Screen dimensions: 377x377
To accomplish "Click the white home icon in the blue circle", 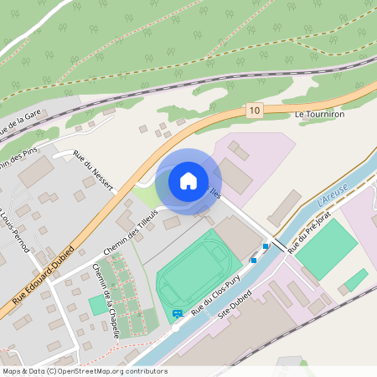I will [188, 180].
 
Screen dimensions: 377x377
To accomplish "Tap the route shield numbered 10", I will [255, 110].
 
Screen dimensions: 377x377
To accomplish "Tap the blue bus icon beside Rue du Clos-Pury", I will [177, 314].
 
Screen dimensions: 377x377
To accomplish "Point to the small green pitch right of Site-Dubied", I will [356, 279].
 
